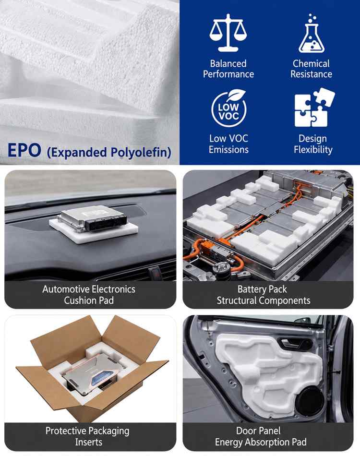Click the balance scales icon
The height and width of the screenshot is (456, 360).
tap(228, 33)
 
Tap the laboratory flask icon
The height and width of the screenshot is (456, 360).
tap(312, 33)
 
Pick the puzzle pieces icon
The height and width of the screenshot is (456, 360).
tap(314, 108)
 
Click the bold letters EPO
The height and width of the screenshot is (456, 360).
tap(24, 150)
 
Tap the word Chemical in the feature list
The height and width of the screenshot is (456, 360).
tap(311, 63)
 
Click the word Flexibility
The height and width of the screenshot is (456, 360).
tap(313, 149)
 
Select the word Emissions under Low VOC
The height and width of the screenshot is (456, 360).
tap(228, 149)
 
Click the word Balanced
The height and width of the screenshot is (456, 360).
tap(228, 63)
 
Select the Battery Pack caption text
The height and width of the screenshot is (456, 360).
tap(262, 289)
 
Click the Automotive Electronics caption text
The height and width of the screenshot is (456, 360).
tap(89, 289)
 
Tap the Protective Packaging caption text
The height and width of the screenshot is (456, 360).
tap(87, 431)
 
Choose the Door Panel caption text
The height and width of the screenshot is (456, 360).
tap(259, 431)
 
